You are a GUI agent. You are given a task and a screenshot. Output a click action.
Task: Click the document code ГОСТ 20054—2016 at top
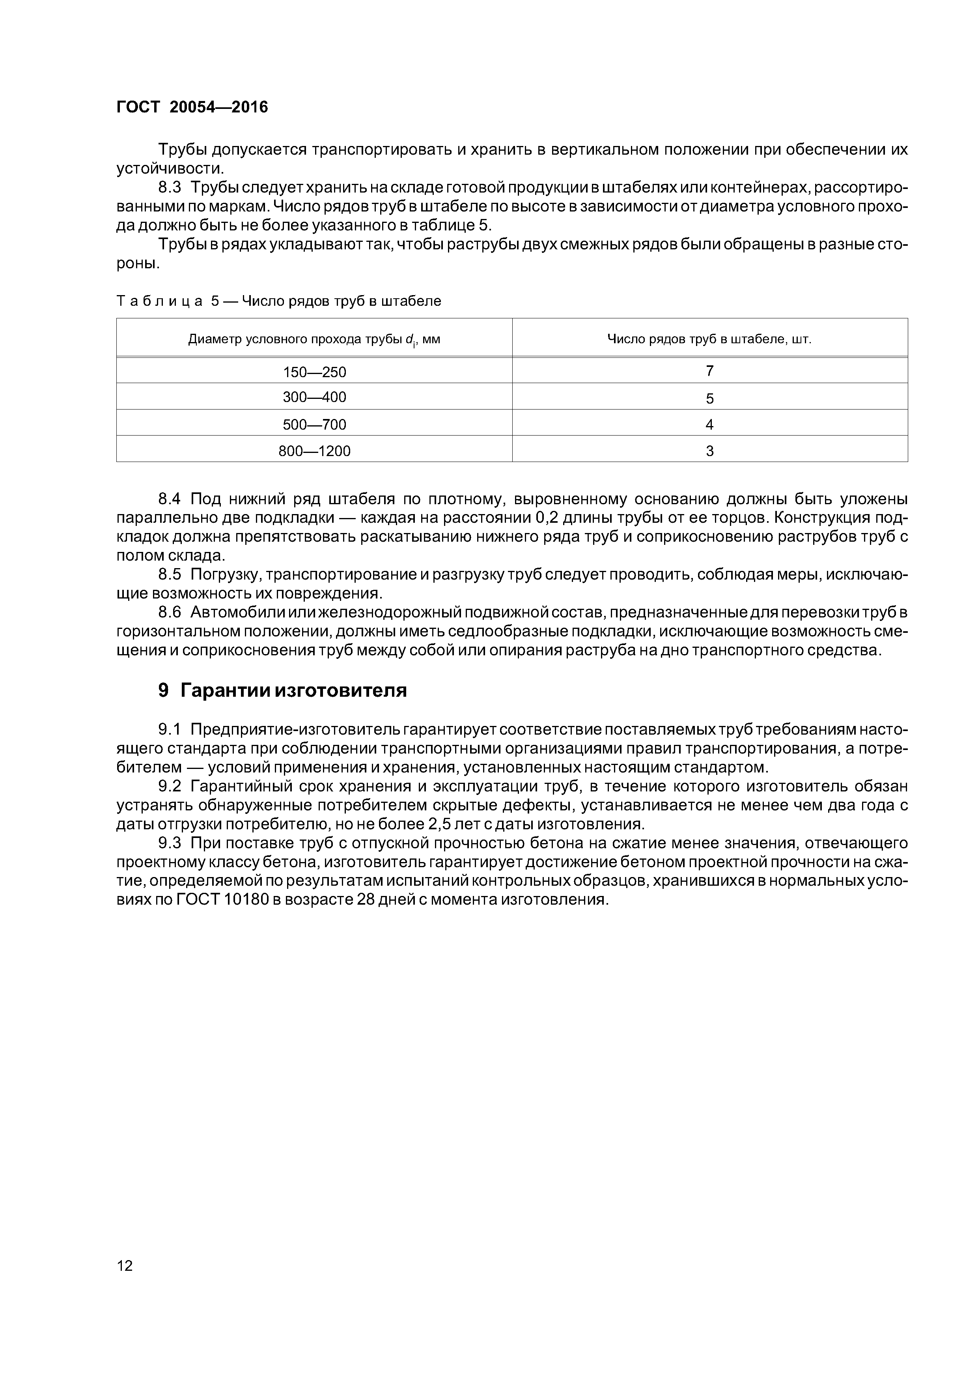192,107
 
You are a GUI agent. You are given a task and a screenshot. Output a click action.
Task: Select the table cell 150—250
315,372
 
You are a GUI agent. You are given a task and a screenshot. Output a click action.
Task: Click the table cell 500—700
315,425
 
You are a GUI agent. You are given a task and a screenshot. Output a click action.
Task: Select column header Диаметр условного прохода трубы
314,339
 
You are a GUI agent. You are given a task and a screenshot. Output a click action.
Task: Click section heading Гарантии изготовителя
293,690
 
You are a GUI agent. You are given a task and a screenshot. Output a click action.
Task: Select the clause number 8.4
169,499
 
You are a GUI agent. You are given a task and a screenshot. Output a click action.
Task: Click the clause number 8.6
169,612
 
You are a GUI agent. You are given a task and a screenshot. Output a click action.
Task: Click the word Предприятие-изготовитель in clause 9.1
295,729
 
